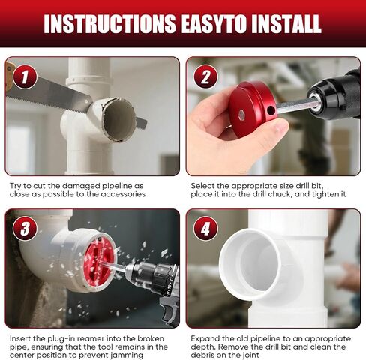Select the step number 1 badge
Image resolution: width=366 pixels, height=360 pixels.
coord(25,76)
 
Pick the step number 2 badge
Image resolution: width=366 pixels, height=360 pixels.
coord(205,76)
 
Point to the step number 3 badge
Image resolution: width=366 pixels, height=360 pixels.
coord(25,229)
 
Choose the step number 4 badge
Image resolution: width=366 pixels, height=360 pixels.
coord(205,229)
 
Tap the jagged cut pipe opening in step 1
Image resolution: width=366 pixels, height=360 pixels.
coord(119,119)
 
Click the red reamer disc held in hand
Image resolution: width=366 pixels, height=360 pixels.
coord(253,108)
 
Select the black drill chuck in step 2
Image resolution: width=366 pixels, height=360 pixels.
coord(335,96)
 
